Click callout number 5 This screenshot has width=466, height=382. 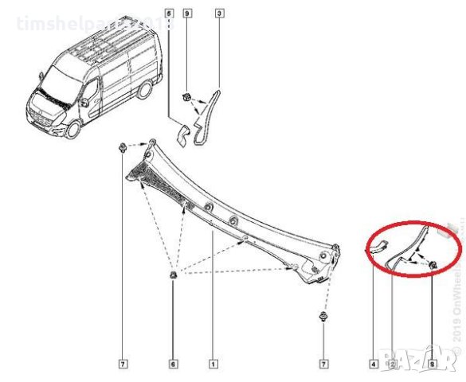[169, 13]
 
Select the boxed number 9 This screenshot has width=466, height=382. [186, 13]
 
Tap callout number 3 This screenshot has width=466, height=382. [219, 13]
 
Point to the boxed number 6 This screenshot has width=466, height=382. [173, 364]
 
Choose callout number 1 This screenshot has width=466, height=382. [213, 364]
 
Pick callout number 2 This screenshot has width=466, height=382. [391, 364]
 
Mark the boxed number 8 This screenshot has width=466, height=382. [432, 364]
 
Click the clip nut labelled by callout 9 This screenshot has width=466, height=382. [186, 96]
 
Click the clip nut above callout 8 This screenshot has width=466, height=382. [431, 264]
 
